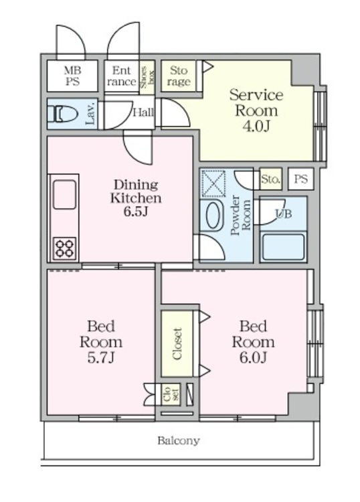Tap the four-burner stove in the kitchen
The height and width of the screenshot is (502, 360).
pos(65,248)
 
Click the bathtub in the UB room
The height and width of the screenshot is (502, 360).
pos(283,247)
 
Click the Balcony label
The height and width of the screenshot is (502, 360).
pos(179,440)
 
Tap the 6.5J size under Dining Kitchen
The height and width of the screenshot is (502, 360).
pos(136,212)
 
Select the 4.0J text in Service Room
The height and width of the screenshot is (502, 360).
pos(256,126)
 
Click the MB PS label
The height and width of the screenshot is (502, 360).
pos(73,76)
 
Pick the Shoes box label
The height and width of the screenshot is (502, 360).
pos(147,78)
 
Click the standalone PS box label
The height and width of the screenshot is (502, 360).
pos(300,178)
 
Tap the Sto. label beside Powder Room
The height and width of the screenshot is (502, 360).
pos(271,179)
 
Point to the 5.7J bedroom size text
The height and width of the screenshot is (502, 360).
pos(101,357)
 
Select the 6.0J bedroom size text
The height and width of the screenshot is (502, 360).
pos(253,357)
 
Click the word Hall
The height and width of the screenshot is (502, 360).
pos(143,112)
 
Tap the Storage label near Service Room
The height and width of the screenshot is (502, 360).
pos(179,76)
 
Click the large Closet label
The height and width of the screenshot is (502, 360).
pos(177,344)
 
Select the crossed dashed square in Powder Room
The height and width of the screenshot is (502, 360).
pos(213,184)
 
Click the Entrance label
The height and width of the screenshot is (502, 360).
pos(122,76)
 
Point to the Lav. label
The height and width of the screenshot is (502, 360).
pos(90,114)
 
